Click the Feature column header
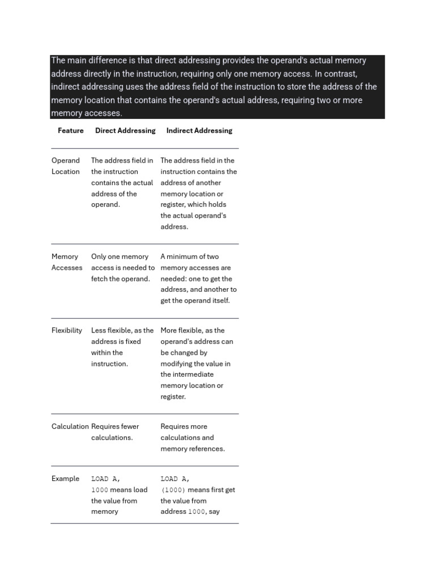[x=70, y=131]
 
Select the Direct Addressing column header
[x=125, y=131]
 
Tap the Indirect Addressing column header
[x=199, y=131]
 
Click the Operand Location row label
[x=66, y=166]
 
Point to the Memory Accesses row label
[x=66, y=262]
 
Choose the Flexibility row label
[x=67, y=331]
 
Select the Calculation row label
[x=70, y=427]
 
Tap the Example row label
[x=66, y=479]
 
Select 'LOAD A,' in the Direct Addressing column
[x=106, y=479]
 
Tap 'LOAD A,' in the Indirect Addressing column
[x=175, y=479]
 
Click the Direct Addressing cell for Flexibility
[x=122, y=347]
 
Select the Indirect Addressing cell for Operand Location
[x=198, y=193]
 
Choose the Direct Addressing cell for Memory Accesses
[x=122, y=267]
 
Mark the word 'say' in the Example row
[x=214, y=511]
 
